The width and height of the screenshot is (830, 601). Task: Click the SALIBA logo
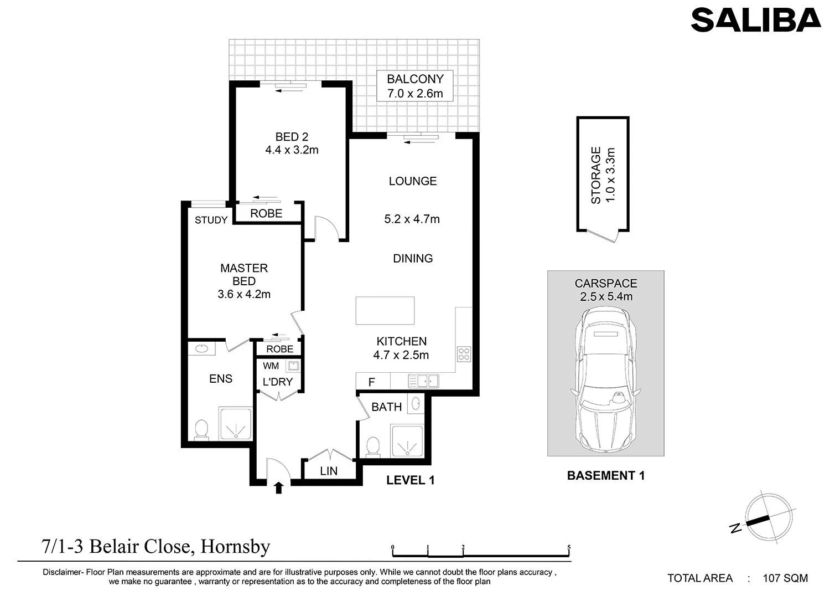click(755, 20)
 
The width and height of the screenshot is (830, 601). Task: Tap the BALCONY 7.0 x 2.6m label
click(415, 86)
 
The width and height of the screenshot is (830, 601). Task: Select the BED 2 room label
click(292, 143)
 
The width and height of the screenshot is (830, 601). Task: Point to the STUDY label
click(211, 220)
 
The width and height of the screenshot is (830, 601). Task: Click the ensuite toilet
click(201, 430)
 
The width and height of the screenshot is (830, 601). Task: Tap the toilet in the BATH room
click(373, 446)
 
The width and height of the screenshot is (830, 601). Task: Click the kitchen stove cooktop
click(464, 353)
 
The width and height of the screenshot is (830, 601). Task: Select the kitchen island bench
click(385, 311)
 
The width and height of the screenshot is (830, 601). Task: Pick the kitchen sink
click(423, 381)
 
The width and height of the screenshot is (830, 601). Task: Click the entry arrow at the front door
click(279, 487)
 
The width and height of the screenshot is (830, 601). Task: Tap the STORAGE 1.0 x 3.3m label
click(603, 175)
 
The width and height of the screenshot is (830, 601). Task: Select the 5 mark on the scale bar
click(569, 547)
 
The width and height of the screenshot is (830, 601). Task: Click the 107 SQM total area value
click(785, 578)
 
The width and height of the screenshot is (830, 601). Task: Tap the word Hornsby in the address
click(235, 547)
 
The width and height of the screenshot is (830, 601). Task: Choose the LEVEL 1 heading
click(410, 480)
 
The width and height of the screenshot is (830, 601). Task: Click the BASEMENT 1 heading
click(606, 475)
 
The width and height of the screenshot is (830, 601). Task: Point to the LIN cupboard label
click(329, 471)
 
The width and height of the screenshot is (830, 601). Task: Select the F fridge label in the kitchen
click(372, 382)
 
